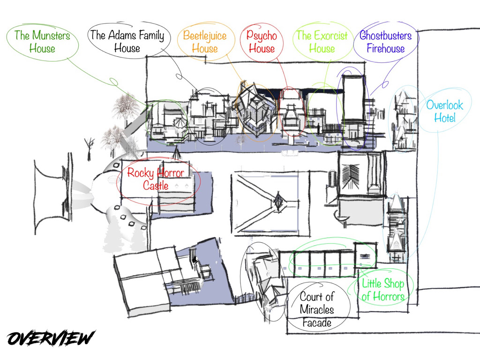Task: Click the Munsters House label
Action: click(42, 42)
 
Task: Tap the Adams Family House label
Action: click(127, 41)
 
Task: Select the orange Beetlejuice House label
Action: click(205, 42)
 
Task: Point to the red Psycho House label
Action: click(262, 42)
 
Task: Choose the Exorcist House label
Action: click(322, 42)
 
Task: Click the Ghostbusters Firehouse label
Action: click(385, 42)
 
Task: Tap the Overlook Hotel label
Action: click(444, 111)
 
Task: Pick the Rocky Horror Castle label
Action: click(156, 179)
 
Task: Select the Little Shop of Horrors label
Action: click(383, 290)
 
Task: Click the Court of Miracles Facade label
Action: click(317, 309)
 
